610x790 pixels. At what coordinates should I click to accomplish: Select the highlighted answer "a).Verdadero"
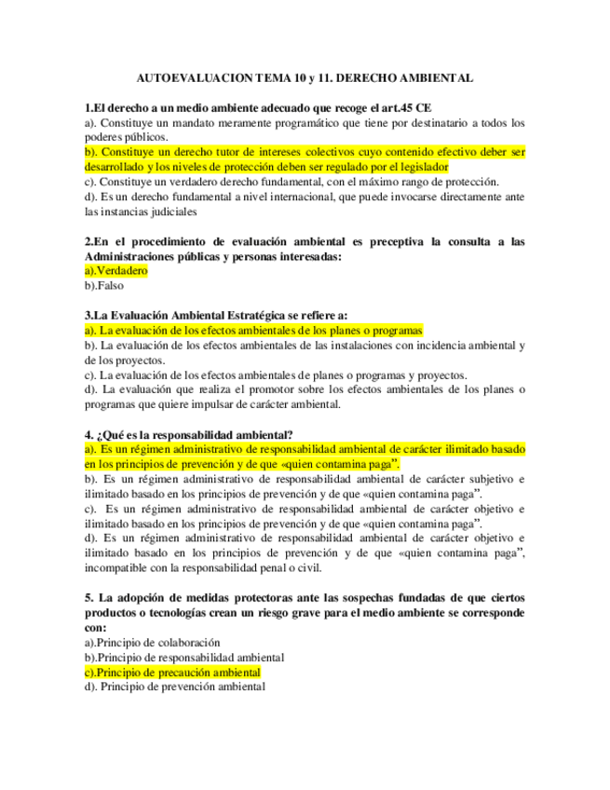tap(115, 271)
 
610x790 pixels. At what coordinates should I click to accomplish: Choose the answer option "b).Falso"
tap(103, 286)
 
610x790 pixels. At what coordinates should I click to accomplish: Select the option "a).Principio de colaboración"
tap(152, 643)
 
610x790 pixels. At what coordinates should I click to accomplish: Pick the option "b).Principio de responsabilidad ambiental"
tap(183, 658)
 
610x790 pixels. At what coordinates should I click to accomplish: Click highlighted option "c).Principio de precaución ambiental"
tap(172, 673)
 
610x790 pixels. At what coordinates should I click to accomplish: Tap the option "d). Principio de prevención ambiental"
tap(174, 688)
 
